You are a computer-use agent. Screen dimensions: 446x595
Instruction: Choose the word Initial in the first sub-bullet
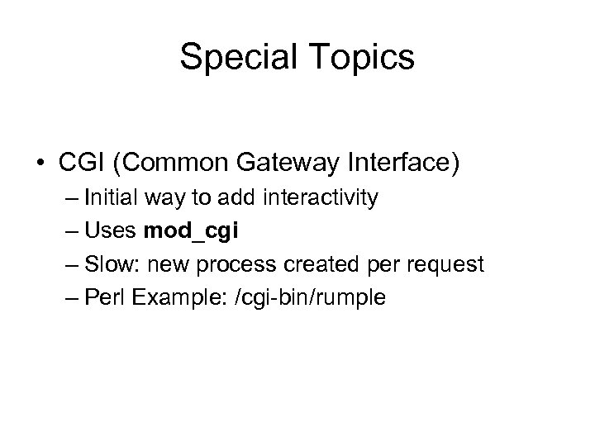[x=112, y=199]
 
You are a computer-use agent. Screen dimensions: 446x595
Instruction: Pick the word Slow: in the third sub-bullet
[x=113, y=265]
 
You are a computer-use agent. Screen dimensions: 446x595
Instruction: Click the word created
[x=315, y=265]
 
